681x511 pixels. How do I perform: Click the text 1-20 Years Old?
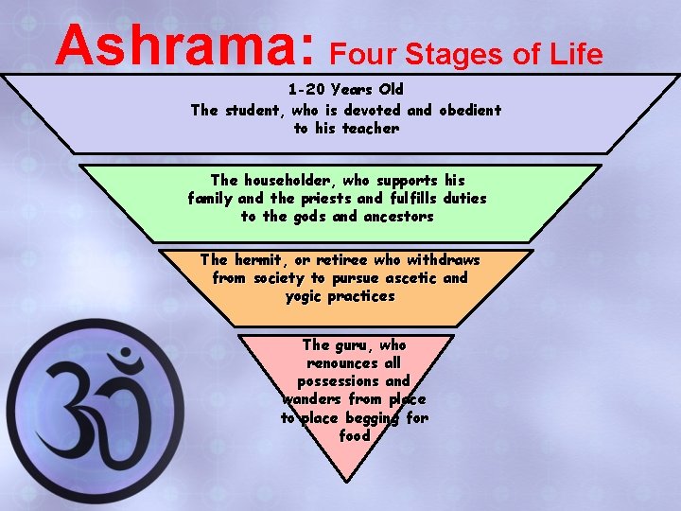[x=345, y=91]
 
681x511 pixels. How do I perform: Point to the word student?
[x=254, y=110]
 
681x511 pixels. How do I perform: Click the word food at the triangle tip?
[x=354, y=436]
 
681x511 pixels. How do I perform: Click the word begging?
[x=370, y=418]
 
